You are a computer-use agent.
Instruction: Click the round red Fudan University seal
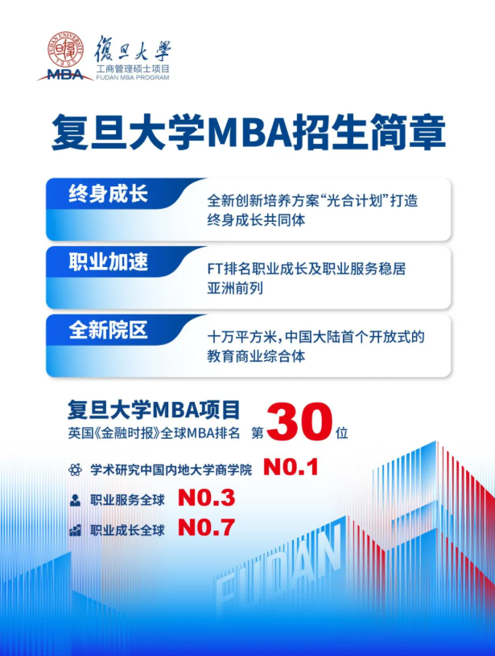65,48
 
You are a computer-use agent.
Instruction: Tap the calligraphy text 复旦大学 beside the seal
133,49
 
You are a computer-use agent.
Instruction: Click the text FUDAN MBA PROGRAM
133,77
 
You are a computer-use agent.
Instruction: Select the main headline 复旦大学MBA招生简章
249,133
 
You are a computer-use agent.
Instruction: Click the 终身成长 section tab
109,195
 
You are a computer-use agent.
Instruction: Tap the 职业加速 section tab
109,262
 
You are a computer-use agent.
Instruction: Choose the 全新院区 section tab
109,330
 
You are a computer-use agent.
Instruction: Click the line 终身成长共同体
256,220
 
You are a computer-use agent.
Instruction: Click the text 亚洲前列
235,289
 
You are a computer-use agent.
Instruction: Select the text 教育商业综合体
256,356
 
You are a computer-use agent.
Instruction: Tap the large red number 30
299,422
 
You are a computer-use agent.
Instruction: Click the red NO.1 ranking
291,467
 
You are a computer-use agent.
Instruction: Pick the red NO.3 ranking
207,498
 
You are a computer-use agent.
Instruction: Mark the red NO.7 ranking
207,527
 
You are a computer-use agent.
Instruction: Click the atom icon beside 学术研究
76,469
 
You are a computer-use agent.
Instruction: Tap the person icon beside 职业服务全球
76,500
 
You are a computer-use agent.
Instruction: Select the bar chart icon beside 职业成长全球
76,531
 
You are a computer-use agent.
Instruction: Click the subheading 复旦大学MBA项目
154,410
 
